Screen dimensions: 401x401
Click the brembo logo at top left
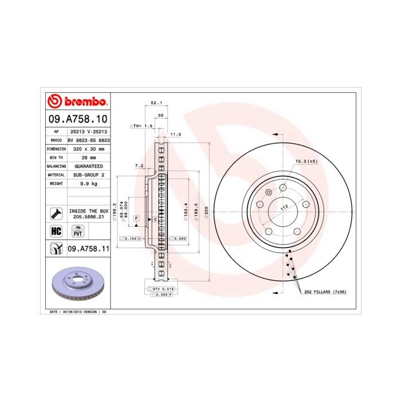tap(77, 103)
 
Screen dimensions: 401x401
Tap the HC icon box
tap(56, 231)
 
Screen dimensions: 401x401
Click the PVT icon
tap(76, 231)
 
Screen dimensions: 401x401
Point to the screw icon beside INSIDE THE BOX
tap(56, 214)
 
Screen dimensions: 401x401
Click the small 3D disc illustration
tap(77, 284)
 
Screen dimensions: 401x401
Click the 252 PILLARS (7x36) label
tap(325, 292)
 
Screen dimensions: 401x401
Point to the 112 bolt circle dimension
tap(283, 209)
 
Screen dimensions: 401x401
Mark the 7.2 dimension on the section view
tap(139, 166)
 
